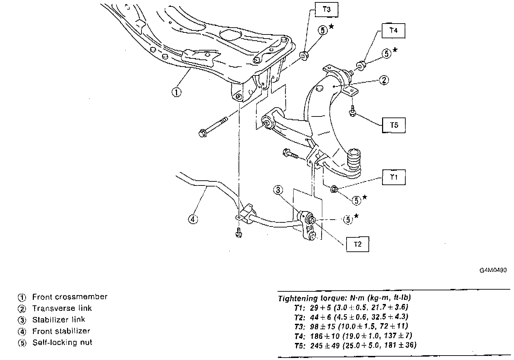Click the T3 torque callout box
(x=327, y=10)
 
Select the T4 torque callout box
(x=394, y=30)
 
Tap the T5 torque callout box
(x=394, y=125)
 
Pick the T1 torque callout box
(x=394, y=177)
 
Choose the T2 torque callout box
(x=357, y=244)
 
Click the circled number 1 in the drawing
(x=176, y=92)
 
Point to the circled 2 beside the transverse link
(x=384, y=80)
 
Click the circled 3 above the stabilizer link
(x=278, y=190)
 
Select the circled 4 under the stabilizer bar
(x=193, y=219)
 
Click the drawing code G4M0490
(x=493, y=270)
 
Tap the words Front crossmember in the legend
(x=70, y=297)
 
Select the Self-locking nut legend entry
(x=62, y=343)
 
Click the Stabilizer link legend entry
(x=58, y=320)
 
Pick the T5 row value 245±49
(x=325, y=345)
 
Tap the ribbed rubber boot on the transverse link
(x=354, y=160)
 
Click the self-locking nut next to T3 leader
(x=304, y=55)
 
